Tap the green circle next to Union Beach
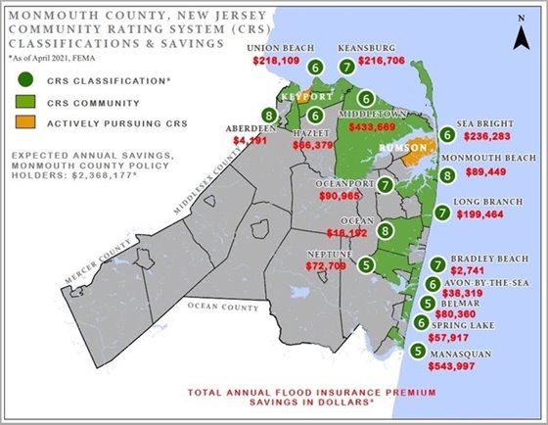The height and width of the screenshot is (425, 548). (x=315, y=68)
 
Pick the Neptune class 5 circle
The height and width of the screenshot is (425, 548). (x=367, y=262)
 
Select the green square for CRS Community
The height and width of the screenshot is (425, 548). (x=31, y=100)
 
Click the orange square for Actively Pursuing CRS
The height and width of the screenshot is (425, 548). (x=31, y=124)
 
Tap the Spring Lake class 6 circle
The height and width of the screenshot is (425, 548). (x=420, y=322)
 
